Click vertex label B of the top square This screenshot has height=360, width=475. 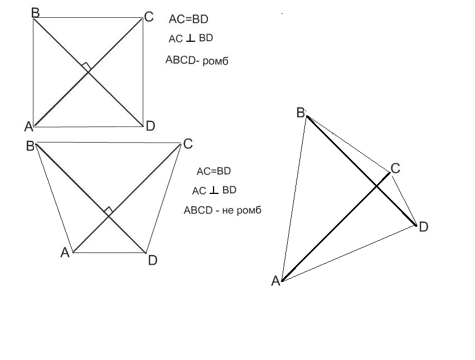pos(35,12)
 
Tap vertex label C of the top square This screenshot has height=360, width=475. pos(148,17)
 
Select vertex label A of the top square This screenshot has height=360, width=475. pos(28,127)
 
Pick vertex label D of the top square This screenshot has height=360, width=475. pos(150,127)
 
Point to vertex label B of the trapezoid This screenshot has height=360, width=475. pos(30,147)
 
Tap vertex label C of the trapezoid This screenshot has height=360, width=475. pos(187,144)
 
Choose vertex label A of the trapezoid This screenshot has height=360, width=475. pos(65,253)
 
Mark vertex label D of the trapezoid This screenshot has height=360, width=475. pos(153,260)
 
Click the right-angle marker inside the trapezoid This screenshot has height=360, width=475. pos(109,210)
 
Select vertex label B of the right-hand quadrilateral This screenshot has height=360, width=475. pos(300,113)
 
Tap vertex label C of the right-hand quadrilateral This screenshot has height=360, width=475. pos(395,168)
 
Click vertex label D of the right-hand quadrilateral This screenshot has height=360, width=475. pos(423,227)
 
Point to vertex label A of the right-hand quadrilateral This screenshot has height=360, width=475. pos(275,281)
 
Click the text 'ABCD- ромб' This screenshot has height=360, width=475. pos(197,61)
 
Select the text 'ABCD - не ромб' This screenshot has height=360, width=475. pos(222,211)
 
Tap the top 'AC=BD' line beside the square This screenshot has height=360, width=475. pos(188,20)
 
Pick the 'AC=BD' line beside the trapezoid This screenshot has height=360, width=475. pos(214,171)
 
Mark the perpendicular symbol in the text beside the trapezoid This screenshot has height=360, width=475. pos(214,191)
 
